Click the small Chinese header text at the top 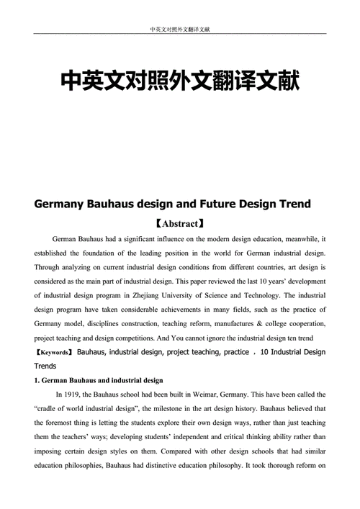click(x=180, y=30)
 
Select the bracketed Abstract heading click(x=180, y=223)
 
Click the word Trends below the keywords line click(x=47, y=366)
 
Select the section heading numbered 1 click(x=99, y=380)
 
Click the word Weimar click(x=206, y=395)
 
